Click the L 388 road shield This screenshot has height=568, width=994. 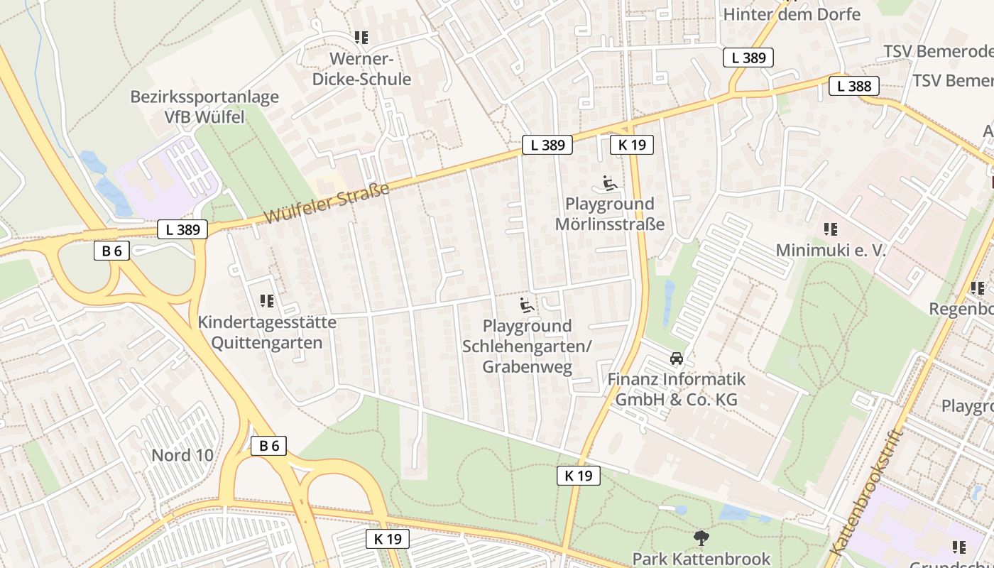tap(853, 87)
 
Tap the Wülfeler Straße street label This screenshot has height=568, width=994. tap(328, 203)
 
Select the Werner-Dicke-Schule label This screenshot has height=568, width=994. tap(361, 69)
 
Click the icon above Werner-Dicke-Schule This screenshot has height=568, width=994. tap(361, 37)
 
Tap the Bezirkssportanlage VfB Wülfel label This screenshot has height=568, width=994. tap(204, 106)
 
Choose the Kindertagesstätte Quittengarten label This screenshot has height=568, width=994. tap(267, 333)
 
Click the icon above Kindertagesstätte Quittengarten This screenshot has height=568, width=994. tap(267, 302)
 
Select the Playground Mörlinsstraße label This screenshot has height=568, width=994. tap(610, 214)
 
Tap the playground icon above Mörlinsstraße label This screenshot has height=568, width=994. tap(609, 184)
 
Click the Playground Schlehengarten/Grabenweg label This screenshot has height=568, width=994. tap(527, 346)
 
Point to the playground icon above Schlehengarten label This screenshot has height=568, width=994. tap(527, 306)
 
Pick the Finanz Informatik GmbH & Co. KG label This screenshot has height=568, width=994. tap(677, 389)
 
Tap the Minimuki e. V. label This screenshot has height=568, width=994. tap(830, 251)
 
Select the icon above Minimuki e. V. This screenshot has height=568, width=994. tap(830, 229)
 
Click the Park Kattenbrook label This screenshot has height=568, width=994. tap(701, 559)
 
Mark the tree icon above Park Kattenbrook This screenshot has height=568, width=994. tap(701, 537)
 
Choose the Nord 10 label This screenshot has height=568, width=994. tap(182, 455)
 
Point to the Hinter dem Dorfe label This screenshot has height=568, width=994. tap(792, 14)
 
